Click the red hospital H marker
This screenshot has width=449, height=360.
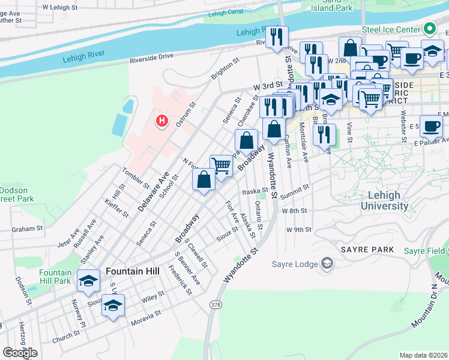click(x=161, y=121)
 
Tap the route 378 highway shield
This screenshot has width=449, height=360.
click(x=215, y=305)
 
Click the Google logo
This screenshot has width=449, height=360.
click(x=20, y=353)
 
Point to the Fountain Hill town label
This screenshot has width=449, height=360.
click(x=133, y=271)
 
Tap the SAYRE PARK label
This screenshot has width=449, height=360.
click(x=367, y=249)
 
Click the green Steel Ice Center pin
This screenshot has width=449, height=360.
click(x=430, y=29)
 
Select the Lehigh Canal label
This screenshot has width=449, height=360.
click(x=225, y=12)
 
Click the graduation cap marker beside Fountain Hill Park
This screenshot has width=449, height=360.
click(x=89, y=280)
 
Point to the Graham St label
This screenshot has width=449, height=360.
click(x=28, y=228)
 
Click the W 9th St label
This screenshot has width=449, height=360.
click(x=300, y=230)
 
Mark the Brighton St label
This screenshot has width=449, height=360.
click(x=225, y=68)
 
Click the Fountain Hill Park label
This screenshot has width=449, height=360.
click(x=55, y=276)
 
